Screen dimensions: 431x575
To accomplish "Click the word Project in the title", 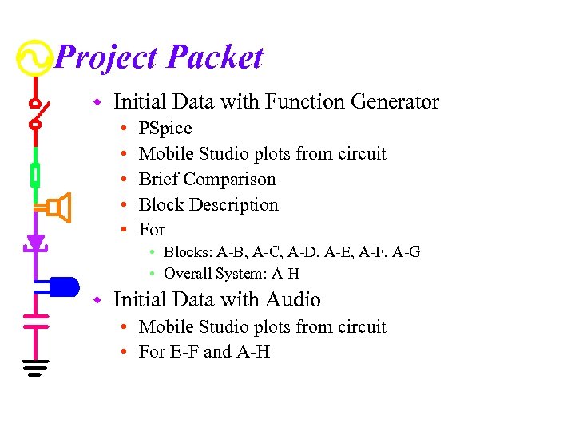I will (x=109, y=57).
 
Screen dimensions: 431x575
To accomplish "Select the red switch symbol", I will (x=36, y=113).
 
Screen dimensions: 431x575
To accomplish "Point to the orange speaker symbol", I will (x=57, y=208).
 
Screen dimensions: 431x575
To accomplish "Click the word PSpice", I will (x=165, y=129).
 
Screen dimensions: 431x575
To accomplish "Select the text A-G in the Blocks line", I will (x=406, y=252).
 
